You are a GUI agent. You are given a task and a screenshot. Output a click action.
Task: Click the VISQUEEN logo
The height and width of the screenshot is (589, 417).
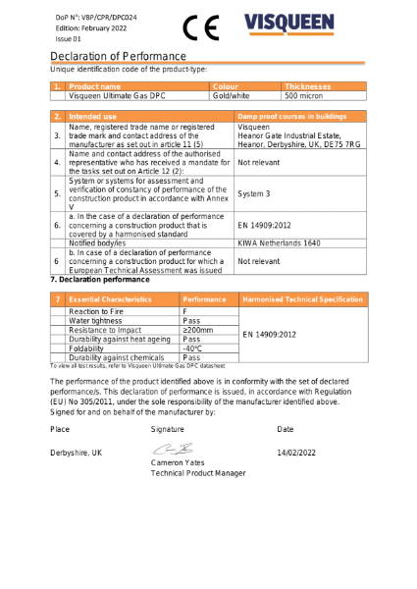(x=303, y=26)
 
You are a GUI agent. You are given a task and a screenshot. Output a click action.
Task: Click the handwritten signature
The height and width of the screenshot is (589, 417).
(x=168, y=450)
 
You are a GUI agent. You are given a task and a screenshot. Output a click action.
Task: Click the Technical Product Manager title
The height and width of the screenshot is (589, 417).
(x=197, y=473)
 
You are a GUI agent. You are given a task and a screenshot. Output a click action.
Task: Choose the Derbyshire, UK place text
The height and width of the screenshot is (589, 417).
(x=76, y=453)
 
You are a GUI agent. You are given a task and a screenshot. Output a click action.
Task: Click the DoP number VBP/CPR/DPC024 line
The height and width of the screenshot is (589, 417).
(x=95, y=16)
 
